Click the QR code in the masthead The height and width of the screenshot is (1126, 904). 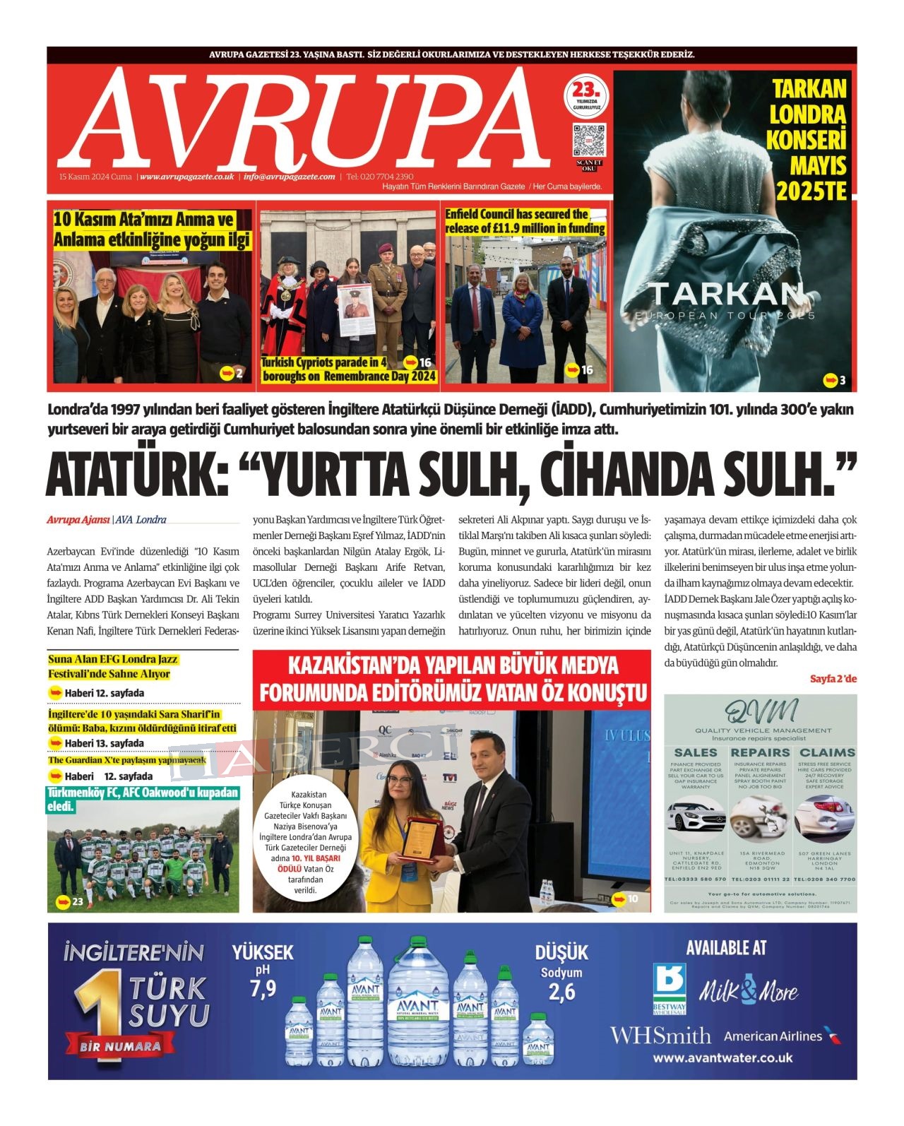588,139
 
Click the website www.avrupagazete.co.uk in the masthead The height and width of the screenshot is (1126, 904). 187,177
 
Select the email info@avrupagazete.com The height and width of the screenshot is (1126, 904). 289,177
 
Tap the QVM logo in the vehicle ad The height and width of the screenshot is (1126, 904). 760,711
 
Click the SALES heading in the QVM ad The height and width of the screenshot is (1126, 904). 696,752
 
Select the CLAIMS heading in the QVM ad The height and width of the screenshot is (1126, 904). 826,752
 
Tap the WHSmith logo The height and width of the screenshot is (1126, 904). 660,1036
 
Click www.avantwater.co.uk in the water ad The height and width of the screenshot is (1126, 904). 722,1057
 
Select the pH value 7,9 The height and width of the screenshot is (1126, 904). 263,988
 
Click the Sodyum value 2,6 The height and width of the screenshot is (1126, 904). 561,992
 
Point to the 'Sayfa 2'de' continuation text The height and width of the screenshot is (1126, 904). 833,678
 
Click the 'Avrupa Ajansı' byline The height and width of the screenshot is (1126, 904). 78,520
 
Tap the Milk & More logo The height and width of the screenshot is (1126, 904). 749,990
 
